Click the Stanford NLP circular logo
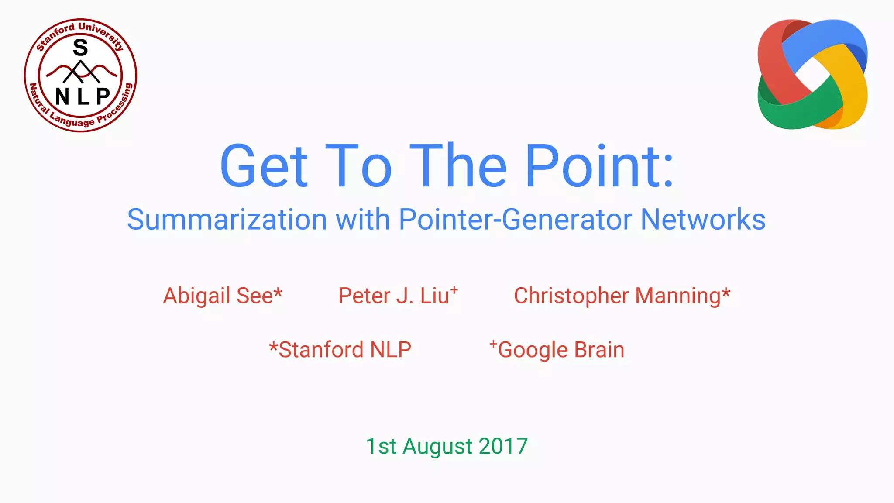point(80,75)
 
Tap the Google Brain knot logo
point(812,74)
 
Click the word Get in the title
point(264,166)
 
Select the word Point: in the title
point(599,166)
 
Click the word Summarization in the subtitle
point(227,219)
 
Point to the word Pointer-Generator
point(515,219)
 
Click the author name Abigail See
point(217,296)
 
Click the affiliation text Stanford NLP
point(344,350)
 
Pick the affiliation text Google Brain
point(561,350)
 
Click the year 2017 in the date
point(503,446)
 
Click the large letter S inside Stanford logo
point(80,48)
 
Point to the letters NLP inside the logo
point(82,96)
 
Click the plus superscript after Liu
point(454,289)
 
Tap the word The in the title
point(458,166)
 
